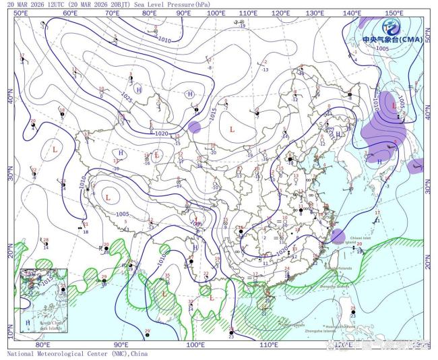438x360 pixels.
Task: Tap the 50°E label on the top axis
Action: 21,13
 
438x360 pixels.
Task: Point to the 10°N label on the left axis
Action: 10,332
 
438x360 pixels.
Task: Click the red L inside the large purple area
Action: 394,105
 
